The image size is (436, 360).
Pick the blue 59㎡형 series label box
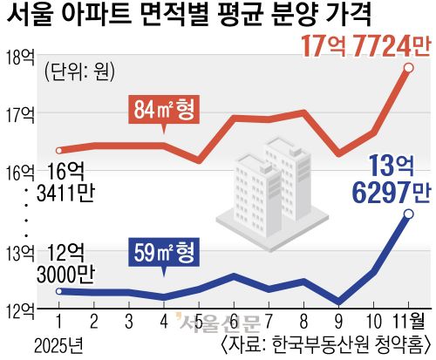pos(164,253)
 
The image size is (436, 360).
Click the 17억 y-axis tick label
pos(19,113)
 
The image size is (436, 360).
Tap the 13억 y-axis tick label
pos(19,254)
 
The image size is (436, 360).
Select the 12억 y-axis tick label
pos(19,308)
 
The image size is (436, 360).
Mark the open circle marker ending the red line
pos(408,67)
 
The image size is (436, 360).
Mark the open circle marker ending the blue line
pos(408,214)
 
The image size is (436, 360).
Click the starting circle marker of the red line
pos(58,150)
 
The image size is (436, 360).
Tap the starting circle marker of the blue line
pos(58,291)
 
